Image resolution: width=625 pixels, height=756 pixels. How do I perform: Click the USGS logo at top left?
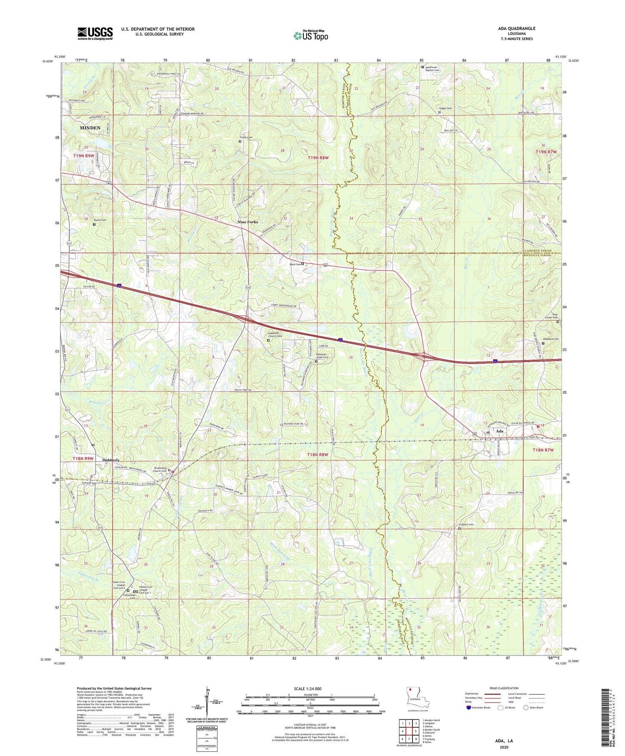pos(95,33)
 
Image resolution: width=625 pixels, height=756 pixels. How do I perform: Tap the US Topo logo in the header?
pos(311,35)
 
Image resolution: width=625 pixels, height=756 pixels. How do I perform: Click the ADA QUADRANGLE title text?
pos(517,28)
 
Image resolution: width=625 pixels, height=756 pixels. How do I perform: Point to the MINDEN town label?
pos(90,128)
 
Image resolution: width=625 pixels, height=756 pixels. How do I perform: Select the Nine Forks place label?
pos(247,222)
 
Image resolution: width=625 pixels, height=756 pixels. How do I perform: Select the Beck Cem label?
pos(295,264)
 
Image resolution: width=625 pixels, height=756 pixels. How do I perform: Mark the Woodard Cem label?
pos(550,339)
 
